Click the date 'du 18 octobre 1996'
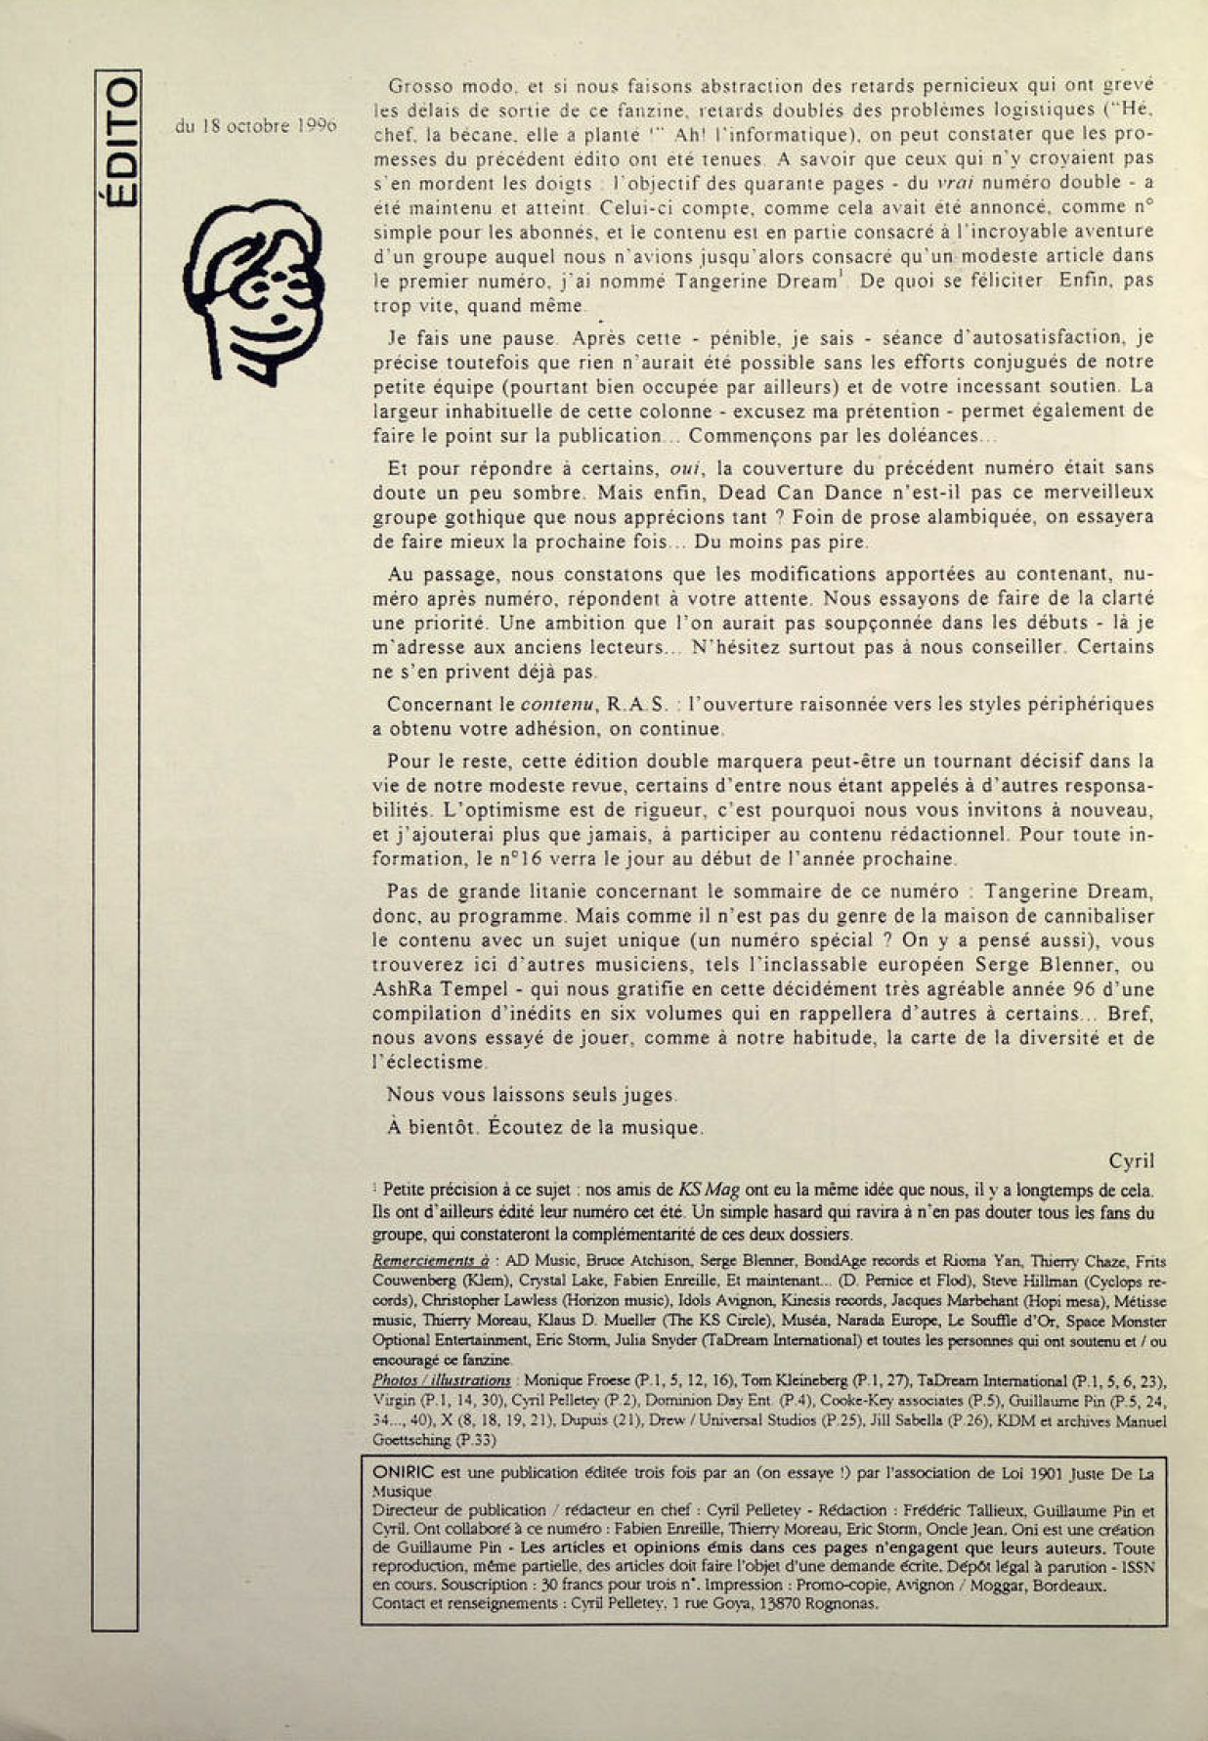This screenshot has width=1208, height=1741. (256, 126)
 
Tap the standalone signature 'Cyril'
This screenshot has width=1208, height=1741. (1131, 1161)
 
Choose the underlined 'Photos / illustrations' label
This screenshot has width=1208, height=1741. (441, 1380)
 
